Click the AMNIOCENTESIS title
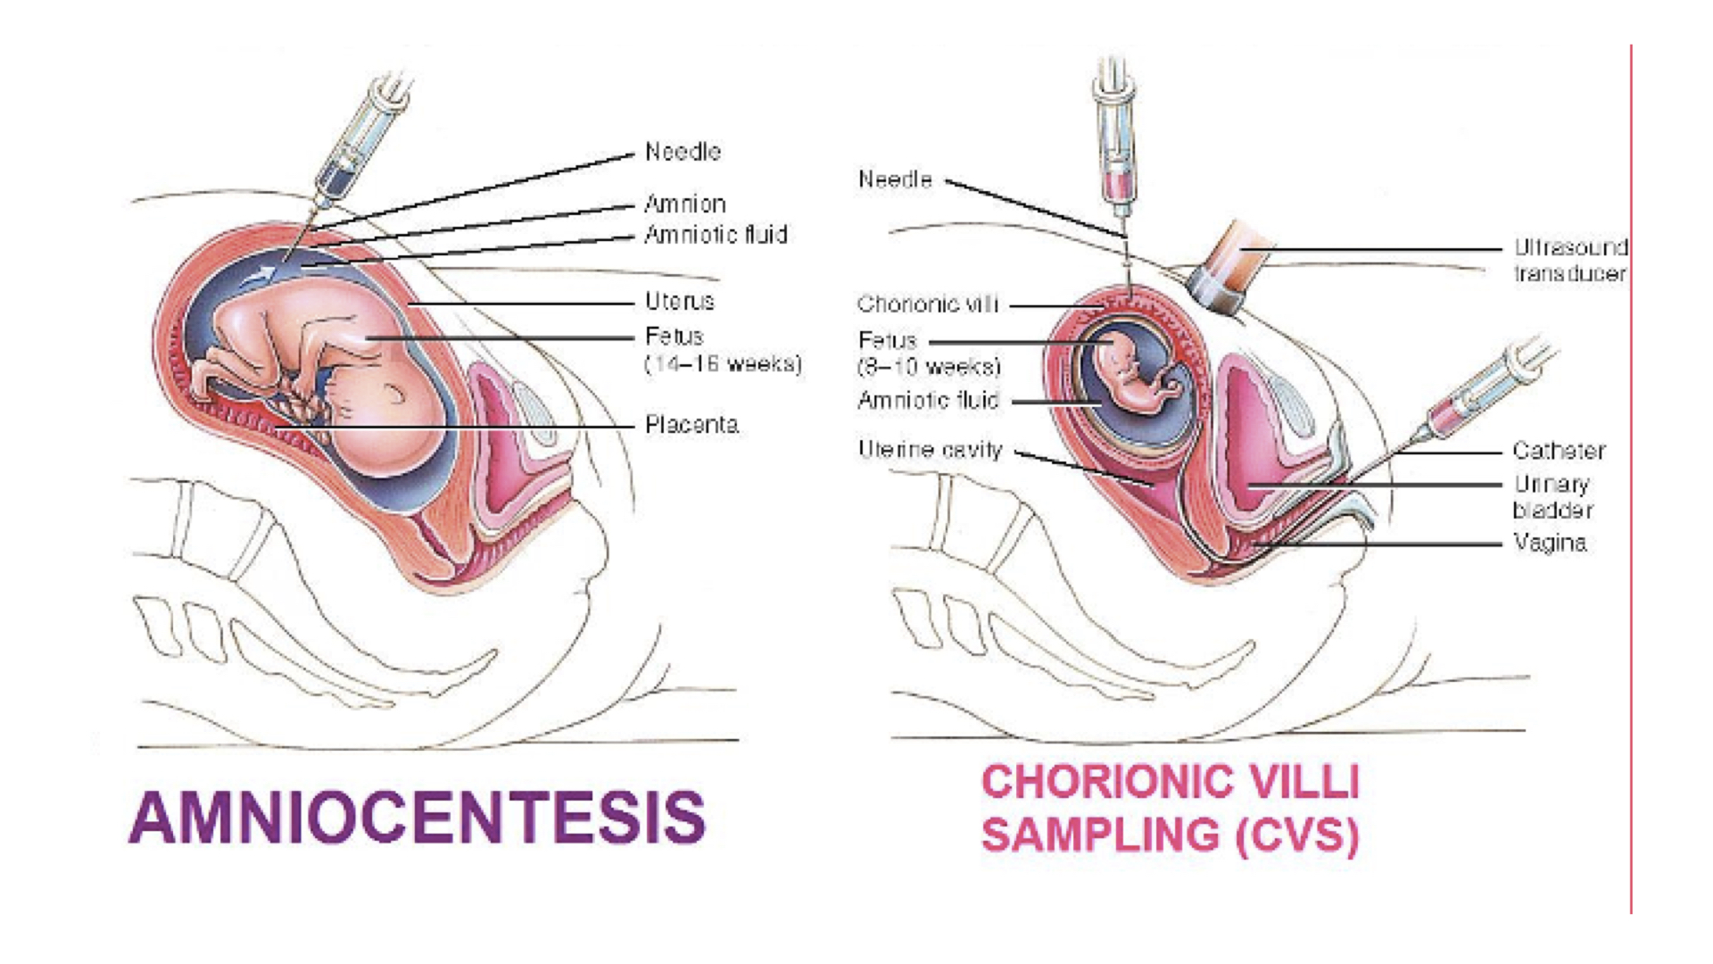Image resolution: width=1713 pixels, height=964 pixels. tap(418, 817)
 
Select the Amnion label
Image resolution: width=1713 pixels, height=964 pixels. tap(685, 204)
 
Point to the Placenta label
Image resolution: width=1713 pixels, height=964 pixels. tap(691, 424)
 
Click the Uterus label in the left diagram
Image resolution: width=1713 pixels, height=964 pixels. tap(680, 301)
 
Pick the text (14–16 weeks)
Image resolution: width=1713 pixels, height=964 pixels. tap(723, 363)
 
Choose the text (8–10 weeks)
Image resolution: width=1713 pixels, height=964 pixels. tap(929, 366)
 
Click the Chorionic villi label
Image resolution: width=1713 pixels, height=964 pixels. tap(927, 304)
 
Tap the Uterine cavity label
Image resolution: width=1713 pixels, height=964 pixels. tap(930, 449)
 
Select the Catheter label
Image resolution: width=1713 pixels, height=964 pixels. tap(1559, 451)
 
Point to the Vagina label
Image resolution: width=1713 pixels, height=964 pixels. tap(1550, 543)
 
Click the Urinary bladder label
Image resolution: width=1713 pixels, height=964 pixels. tap(1552, 496)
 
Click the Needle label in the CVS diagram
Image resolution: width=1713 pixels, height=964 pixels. tap(895, 179)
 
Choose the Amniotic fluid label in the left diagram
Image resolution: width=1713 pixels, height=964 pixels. tap(716, 235)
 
